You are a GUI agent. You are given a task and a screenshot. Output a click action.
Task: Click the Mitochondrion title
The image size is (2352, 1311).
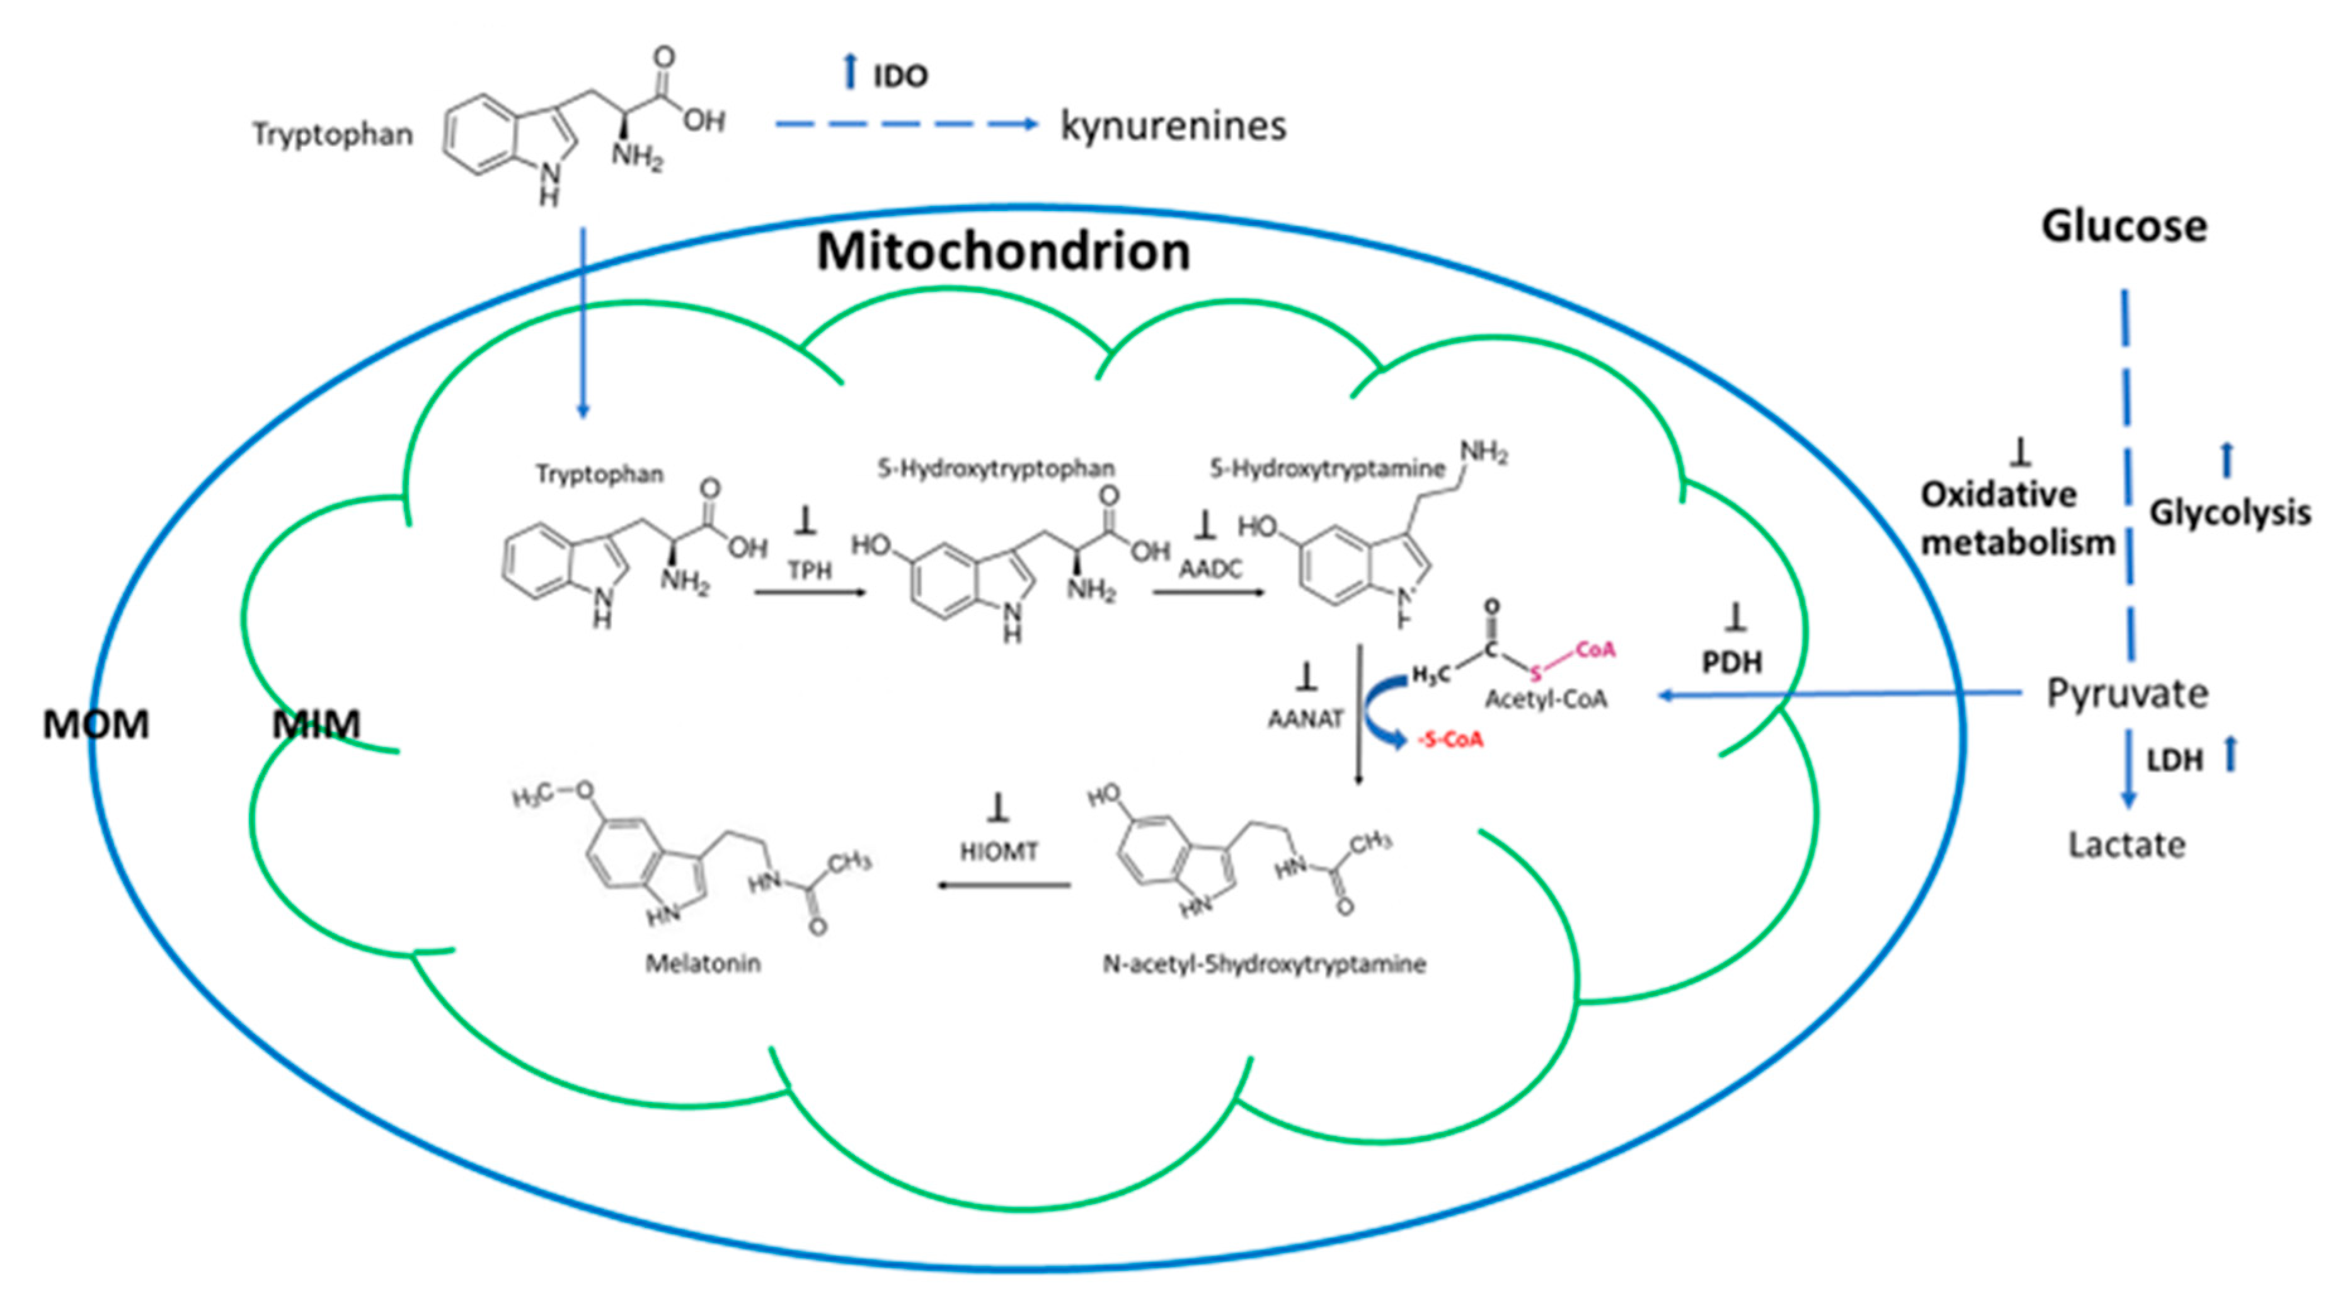tap(1002, 252)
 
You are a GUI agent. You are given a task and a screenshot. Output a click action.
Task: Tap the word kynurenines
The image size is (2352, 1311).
tap(1173, 126)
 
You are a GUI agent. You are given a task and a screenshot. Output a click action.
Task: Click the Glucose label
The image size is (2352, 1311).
tap(2124, 226)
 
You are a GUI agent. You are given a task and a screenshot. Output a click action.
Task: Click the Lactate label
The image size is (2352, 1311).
tap(2126, 845)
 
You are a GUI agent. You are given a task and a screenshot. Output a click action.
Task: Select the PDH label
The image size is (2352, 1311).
tap(1732, 662)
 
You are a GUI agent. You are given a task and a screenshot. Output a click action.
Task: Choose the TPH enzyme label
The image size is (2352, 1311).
tap(809, 571)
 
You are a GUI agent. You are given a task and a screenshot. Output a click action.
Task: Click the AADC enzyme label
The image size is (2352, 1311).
tap(1210, 569)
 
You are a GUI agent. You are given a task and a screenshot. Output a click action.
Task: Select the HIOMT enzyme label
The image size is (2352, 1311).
tap(998, 852)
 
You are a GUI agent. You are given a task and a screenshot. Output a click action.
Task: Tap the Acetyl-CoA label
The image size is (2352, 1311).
tap(1546, 699)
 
